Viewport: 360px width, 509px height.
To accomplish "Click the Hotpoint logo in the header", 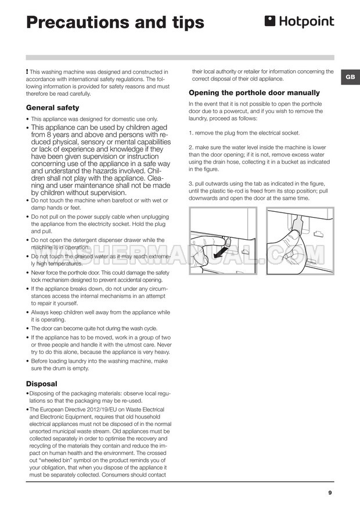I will point(300,22).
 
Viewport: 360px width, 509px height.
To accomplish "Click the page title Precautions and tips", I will point(116,22).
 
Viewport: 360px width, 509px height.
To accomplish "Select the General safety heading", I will point(53,107).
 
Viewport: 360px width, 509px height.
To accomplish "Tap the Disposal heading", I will point(42,384).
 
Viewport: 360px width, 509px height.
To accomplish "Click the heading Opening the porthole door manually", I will point(254,92).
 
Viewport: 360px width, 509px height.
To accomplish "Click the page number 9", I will point(330,493).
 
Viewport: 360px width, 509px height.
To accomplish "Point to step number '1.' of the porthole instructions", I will point(192,132).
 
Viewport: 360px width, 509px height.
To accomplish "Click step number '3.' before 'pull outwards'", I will point(192,183).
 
